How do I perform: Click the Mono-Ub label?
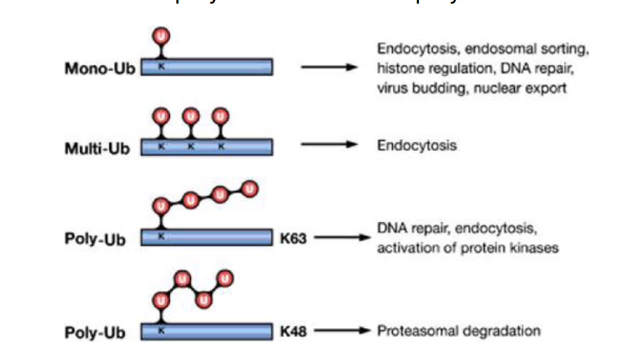[x=97, y=68]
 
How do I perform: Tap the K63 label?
[x=293, y=237]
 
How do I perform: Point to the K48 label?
[x=293, y=332]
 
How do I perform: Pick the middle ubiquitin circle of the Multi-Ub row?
[x=190, y=116]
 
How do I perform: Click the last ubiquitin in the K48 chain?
[x=225, y=277]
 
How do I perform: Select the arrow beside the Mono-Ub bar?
[x=330, y=68]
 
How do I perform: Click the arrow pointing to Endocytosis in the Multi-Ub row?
[x=330, y=144]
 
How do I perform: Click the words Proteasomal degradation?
[x=459, y=331]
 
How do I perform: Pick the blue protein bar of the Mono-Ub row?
[x=207, y=67]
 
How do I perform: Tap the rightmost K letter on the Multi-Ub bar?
[x=221, y=146]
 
